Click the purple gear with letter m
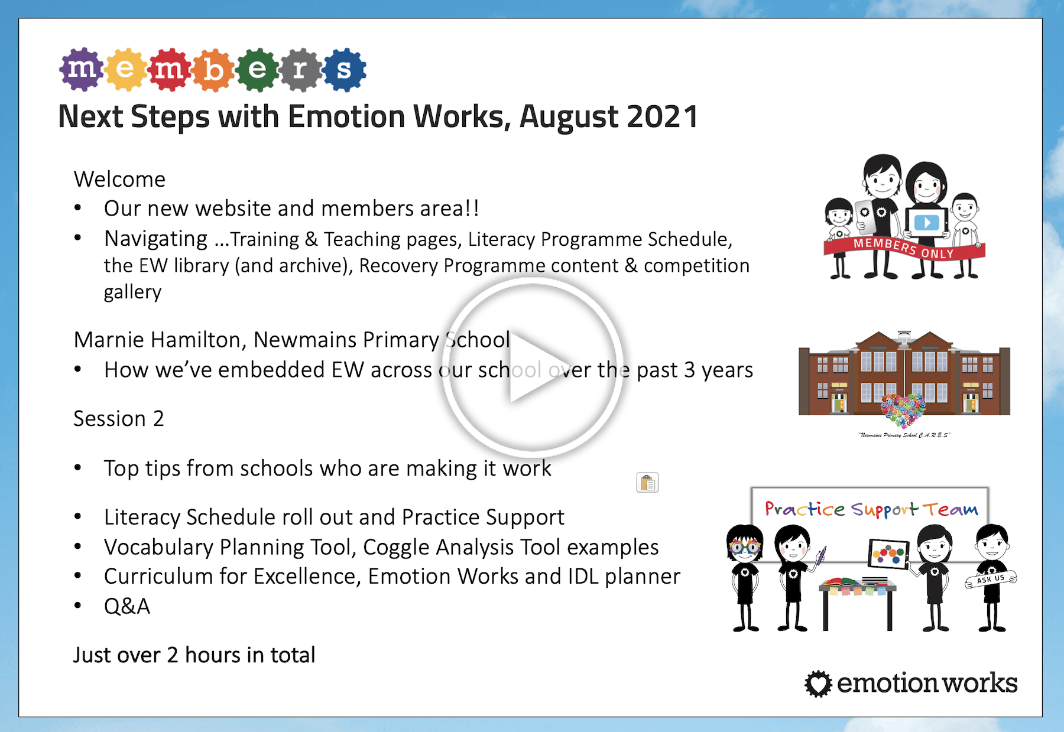(82, 69)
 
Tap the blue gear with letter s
(345, 70)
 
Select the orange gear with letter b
(213, 70)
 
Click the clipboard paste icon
(647, 483)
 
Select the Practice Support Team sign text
(871, 509)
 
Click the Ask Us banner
(991, 579)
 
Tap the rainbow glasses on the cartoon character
(745, 546)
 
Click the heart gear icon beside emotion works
(819, 684)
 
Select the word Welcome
(119, 179)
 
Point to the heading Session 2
(118, 418)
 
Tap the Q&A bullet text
(127, 606)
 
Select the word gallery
(132, 292)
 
